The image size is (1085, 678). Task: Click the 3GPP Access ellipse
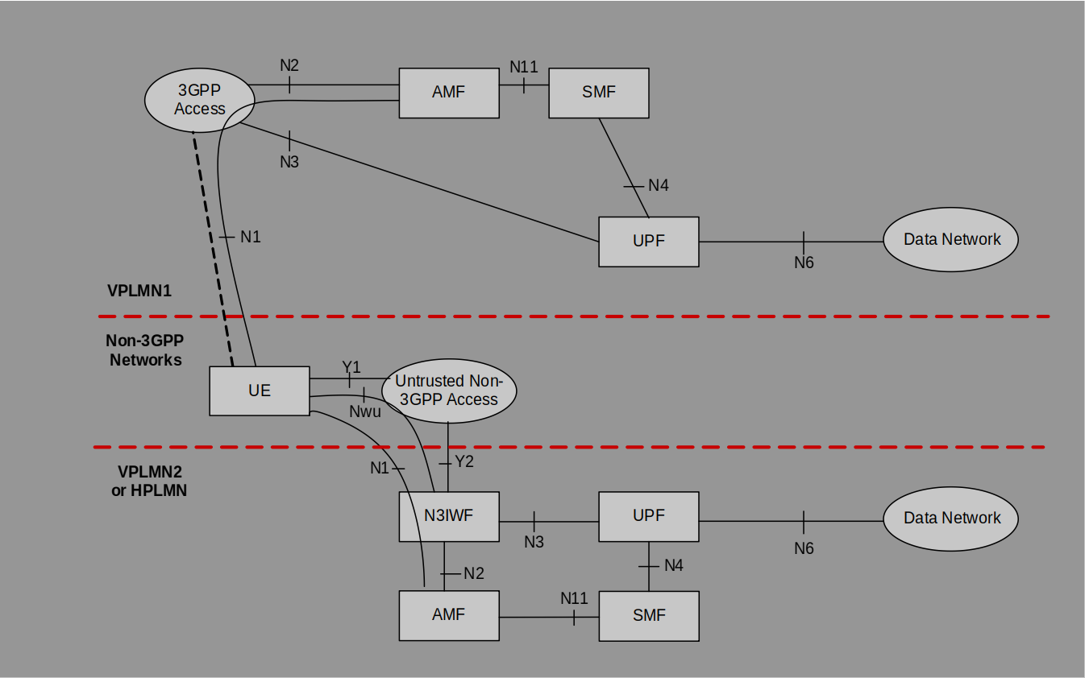point(199,100)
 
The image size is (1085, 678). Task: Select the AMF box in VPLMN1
point(448,93)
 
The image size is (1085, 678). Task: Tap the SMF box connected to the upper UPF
point(598,93)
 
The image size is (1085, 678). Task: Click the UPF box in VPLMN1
point(648,242)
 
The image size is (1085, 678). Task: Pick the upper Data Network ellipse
point(951,240)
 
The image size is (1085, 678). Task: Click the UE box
point(259,391)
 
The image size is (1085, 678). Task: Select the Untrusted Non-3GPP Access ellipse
point(449,391)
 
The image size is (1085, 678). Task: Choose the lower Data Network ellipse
point(951,519)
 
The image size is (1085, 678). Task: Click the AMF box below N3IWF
point(448,616)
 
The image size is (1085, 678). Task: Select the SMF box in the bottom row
point(648,616)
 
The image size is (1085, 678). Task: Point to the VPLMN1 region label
point(139,291)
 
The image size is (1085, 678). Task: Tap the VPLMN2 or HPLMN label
point(149,481)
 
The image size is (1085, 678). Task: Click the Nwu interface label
point(364,411)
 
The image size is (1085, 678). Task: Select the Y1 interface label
point(351,367)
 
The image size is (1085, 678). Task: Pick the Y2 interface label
point(464,462)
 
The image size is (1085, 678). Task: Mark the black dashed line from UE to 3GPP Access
point(213,250)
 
